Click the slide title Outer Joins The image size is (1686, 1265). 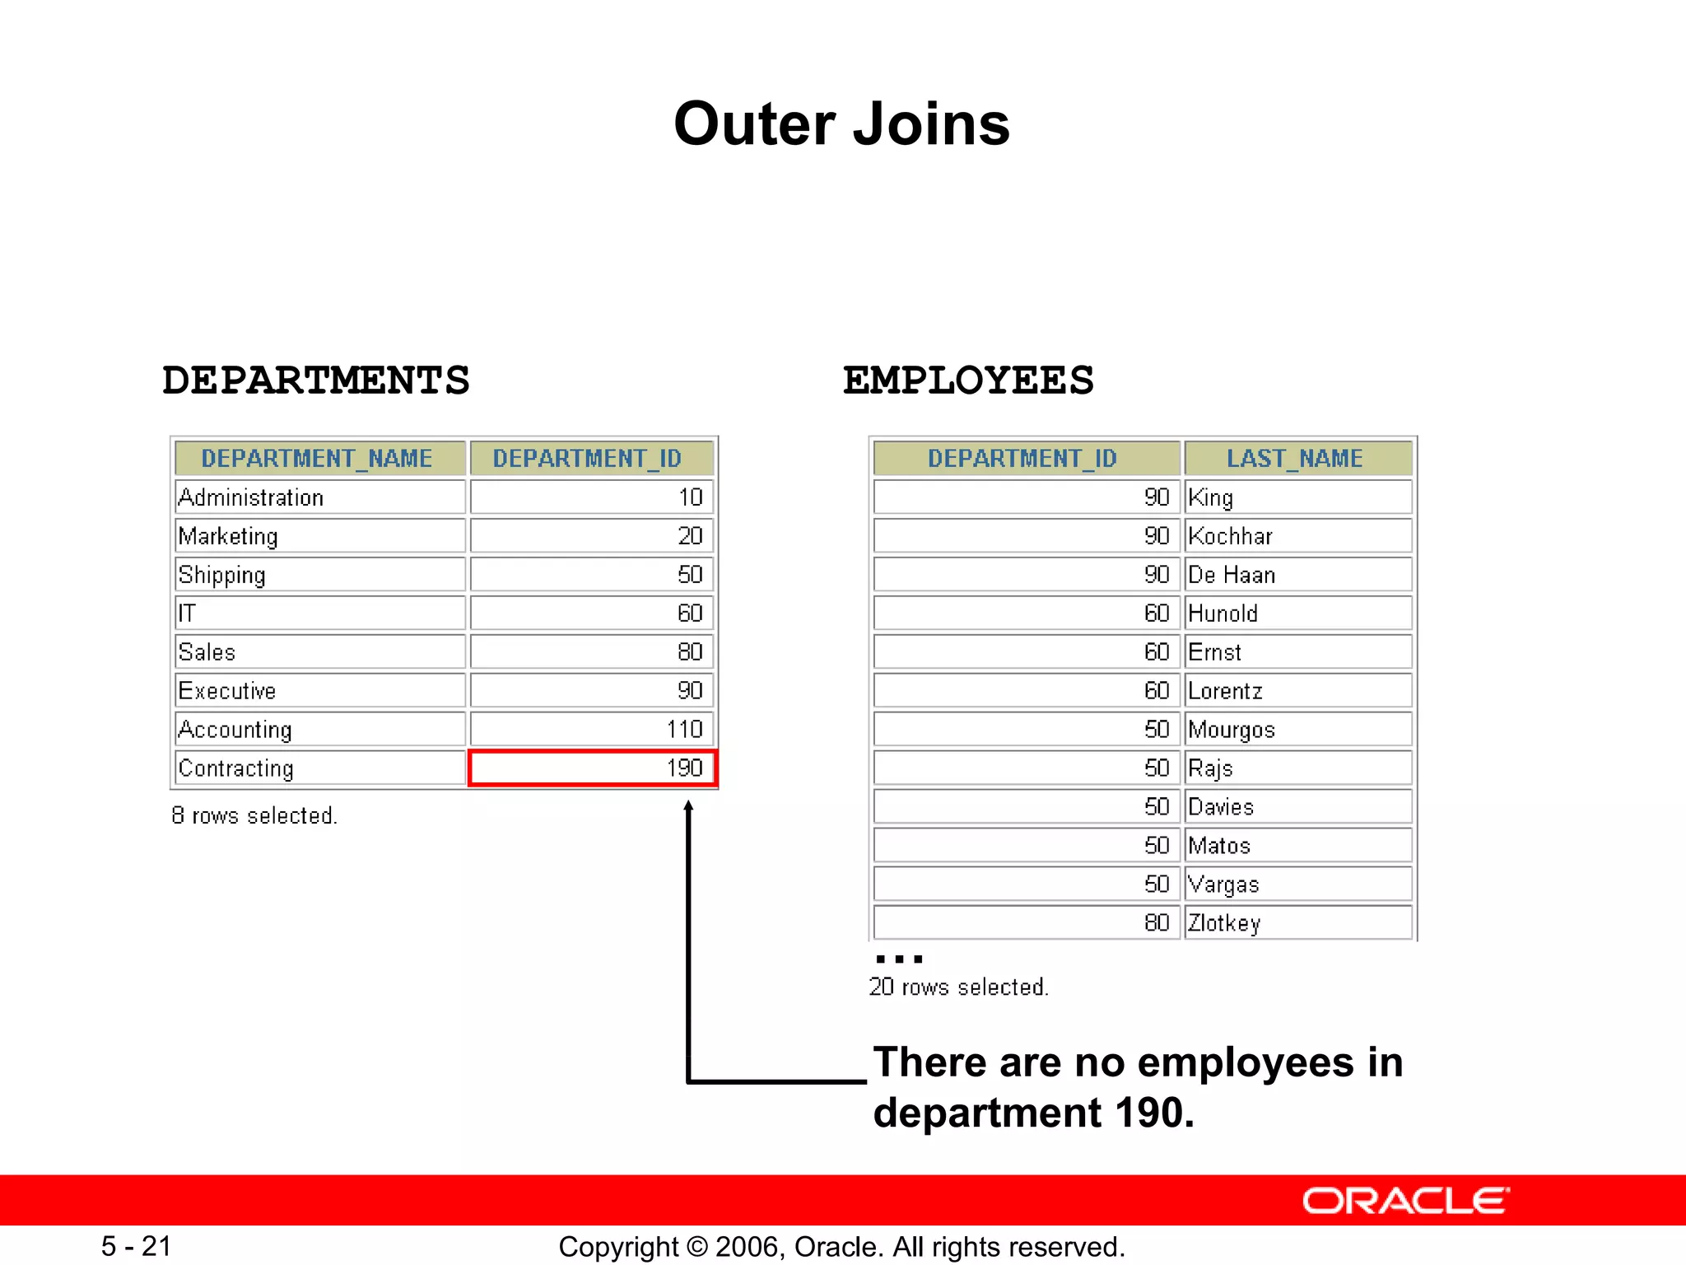[841, 124]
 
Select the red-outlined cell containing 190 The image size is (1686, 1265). [592, 768]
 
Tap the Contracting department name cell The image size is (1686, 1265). [319, 768]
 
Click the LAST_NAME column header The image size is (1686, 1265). [1296, 459]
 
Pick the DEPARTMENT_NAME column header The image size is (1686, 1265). [318, 459]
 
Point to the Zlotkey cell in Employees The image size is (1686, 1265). [1297, 923]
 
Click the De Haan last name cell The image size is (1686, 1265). [1297, 575]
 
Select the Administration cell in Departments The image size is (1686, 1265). [319, 497]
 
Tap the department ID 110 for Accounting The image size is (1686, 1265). [592, 730]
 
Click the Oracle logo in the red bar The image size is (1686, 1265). [1405, 1201]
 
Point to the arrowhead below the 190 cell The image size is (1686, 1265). [688, 807]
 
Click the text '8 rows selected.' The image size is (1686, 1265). [254, 815]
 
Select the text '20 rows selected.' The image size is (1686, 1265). [958, 987]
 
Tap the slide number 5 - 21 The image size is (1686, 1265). [137, 1246]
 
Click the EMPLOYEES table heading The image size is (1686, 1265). [968, 380]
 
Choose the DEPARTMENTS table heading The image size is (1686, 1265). [316, 380]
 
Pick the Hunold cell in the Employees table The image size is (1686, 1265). [1297, 614]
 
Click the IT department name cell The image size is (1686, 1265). [319, 614]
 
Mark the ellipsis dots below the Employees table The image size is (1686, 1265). [899, 959]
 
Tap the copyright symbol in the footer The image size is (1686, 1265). [696, 1247]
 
